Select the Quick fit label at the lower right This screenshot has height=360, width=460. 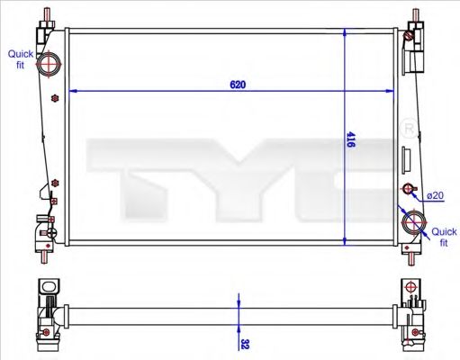444,237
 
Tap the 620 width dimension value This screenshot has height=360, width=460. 238,85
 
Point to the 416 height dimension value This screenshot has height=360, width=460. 351,141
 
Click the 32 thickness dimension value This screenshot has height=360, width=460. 244,343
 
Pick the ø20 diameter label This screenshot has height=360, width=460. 435,195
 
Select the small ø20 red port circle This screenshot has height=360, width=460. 409,189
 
